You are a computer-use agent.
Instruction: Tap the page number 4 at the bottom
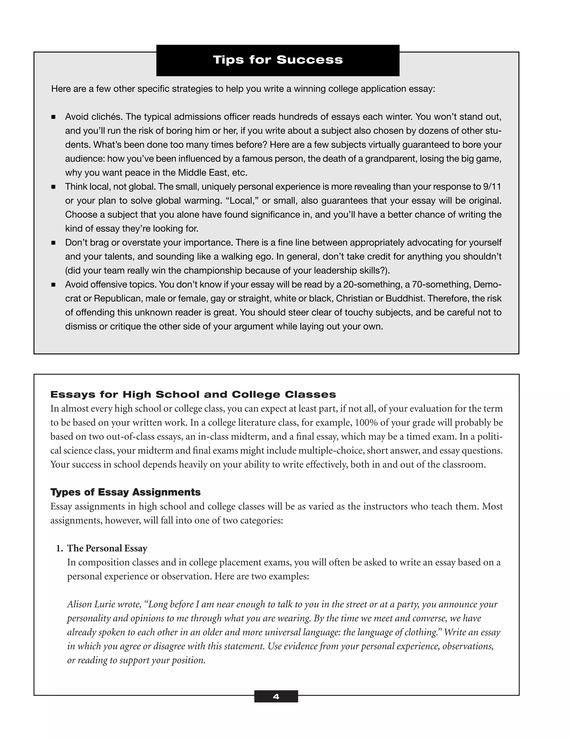276,697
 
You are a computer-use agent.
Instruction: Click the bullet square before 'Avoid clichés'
53,117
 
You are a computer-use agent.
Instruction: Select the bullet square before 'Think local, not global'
53,187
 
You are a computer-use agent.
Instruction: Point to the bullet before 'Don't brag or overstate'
53,243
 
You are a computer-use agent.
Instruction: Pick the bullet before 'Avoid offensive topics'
53,285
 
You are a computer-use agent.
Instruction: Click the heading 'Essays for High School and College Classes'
193,394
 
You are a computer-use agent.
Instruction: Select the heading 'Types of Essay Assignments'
125,492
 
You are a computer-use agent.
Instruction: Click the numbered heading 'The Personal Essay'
107,548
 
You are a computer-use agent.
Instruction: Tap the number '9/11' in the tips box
492,187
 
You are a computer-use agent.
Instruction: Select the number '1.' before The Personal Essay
60,548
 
